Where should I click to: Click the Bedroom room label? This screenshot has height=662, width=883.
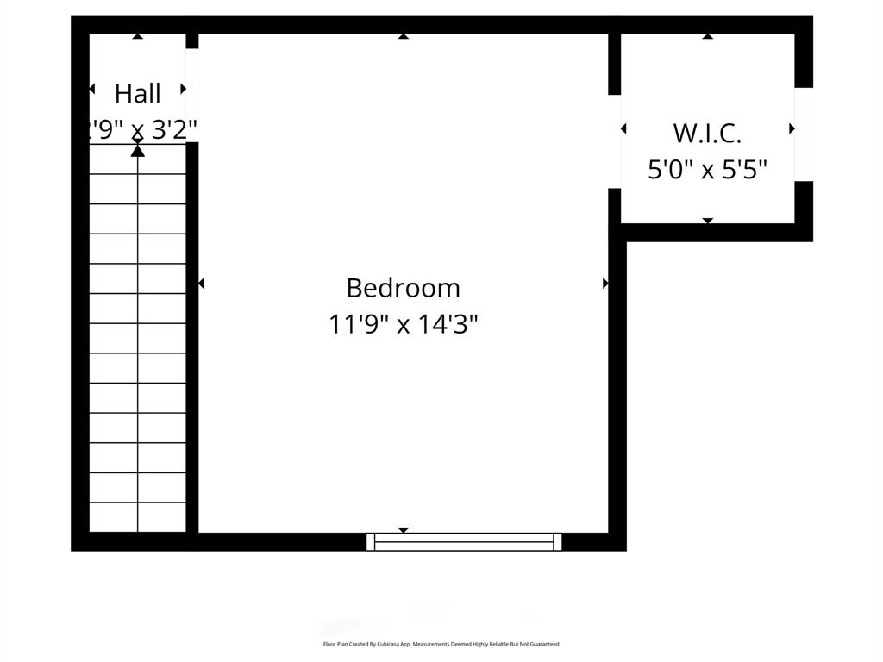[x=403, y=287]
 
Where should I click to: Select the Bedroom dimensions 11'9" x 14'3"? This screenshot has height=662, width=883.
[x=403, y=325]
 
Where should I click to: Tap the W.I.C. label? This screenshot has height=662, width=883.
[x=707, y=134]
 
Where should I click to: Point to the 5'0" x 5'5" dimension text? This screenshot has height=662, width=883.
[x=707, y=170]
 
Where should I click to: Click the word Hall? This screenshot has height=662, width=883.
[x=138, y=93]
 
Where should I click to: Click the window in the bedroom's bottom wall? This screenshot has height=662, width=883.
[x=464, y=541]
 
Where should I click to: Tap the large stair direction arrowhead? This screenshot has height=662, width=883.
[x=138, y=151]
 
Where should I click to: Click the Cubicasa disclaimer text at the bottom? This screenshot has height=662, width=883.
[x=441, y=644]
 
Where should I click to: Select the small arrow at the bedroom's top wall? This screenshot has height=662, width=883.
[x=403, y=36]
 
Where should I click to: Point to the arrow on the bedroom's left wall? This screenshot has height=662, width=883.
[x=202, y=283]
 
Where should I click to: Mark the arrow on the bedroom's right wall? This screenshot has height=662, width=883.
[x=605, y=283]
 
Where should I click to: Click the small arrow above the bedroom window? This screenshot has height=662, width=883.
[x=403, y=530]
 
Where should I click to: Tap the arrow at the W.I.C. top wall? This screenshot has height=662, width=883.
[x=707, y=36]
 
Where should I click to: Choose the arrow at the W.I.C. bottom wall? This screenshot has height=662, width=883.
[x=707, y=221]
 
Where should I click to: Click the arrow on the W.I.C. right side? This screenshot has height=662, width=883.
[x=792, y=128]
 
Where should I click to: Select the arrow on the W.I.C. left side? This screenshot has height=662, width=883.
[x=623, y=128]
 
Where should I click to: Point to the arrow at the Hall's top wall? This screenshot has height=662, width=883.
[x=138, y=36]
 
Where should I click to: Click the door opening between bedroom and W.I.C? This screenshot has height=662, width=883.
[x=615, y=141]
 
